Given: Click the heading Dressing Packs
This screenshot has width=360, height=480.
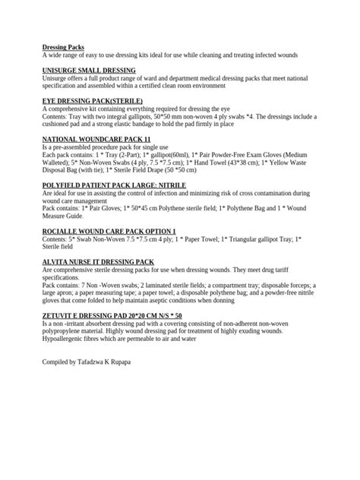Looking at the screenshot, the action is pos(64,47).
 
